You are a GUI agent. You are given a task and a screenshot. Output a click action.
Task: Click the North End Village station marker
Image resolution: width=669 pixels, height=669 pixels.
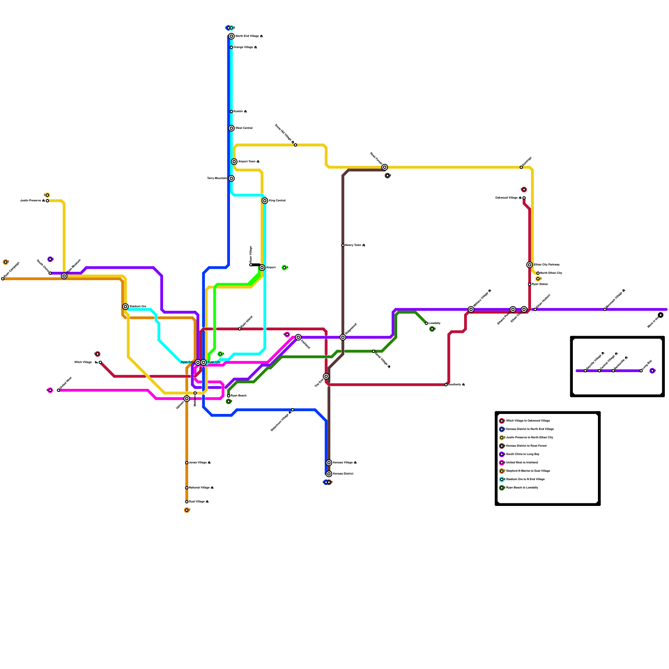tap(231, 36)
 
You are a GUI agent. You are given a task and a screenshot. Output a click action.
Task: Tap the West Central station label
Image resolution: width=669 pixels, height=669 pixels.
tap(244, 128)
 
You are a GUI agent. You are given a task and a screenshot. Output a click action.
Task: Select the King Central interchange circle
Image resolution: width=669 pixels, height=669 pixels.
tap(265, 201)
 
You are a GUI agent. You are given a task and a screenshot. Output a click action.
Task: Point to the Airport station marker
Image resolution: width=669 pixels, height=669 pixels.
tap(262, 268)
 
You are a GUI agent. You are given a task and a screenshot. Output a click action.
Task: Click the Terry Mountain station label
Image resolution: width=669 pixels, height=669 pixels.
tap(217, 179)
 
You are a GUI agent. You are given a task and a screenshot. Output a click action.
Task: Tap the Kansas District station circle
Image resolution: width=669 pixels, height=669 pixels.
tap(329, 474)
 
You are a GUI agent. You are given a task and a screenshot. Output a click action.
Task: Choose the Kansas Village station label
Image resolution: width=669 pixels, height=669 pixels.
tap(345, 463)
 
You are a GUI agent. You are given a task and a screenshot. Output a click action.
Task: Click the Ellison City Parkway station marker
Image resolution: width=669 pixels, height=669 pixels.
tap(529, 265)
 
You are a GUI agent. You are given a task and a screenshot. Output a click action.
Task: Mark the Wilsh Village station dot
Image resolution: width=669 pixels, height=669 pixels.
tap(100, 362)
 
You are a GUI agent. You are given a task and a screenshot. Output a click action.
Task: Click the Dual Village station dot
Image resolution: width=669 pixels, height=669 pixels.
tap(186, 502)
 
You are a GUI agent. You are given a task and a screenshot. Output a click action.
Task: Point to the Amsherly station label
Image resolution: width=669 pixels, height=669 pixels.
tap(456, 385)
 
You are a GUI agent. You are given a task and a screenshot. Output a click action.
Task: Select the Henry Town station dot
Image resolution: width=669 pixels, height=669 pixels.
tap(343, 245)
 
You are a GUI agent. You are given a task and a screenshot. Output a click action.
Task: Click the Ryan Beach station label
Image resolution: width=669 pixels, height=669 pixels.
tap(239, 396)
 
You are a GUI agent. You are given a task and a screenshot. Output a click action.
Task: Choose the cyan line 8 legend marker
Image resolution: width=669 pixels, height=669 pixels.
tap(502, 479)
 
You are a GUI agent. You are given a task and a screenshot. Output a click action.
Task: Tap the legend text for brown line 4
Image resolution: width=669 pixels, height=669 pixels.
tap(526, 446)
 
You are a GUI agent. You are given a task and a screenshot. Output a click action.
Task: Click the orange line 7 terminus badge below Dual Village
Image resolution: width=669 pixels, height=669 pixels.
tap(186, 510)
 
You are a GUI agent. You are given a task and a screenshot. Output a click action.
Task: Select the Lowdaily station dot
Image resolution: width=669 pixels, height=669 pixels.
tap(426, 323)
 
